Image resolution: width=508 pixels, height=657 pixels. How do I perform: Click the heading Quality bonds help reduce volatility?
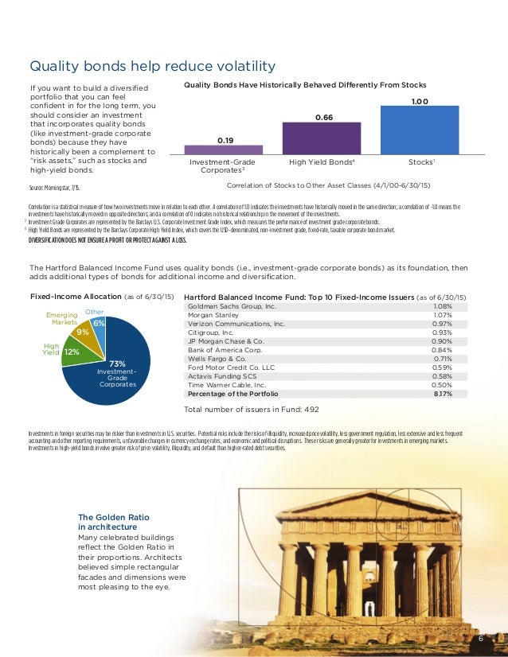click(152, 66)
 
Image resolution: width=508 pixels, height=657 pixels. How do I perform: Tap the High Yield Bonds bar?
click(322, 138)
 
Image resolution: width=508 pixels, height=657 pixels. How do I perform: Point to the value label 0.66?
click(323, 117)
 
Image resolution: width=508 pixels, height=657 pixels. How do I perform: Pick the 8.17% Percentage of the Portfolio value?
click(443, 393)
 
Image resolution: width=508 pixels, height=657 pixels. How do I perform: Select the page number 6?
click(481, 640)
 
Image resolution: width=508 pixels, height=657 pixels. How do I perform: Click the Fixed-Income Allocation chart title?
click(101, 296)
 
